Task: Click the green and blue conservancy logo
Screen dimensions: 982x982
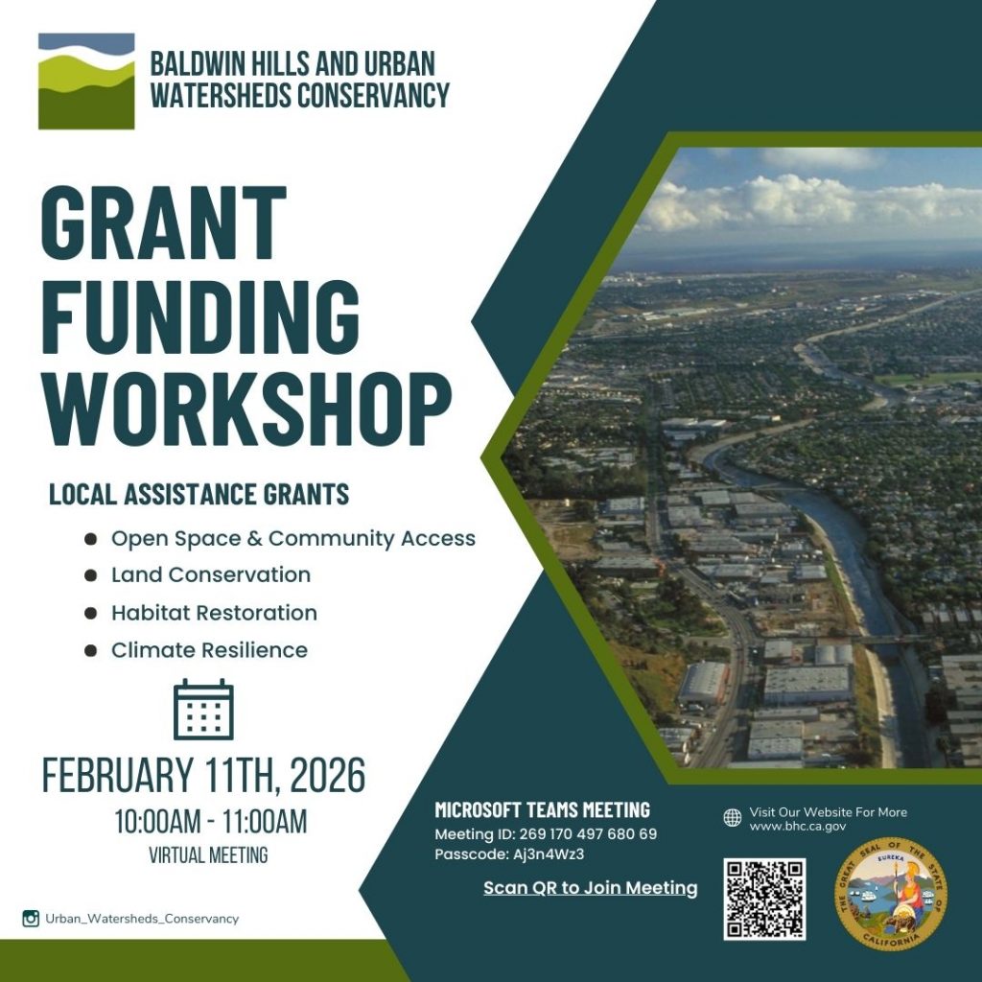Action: point(86,82)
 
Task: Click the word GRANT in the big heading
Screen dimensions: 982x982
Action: point(163,221)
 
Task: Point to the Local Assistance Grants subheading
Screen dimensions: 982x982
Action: point(199,495)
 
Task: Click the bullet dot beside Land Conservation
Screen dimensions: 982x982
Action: point(90,575)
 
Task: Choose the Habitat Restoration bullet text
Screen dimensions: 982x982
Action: point(214,613)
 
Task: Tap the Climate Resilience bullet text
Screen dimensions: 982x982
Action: point(209,650)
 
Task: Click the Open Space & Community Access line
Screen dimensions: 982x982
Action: point(292,538)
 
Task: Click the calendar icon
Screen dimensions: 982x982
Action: point(203,710)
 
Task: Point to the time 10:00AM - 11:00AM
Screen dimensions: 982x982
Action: point(210,822)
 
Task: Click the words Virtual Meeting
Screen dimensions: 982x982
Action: point(208,854)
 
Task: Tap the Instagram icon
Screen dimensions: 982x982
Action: point(31,919)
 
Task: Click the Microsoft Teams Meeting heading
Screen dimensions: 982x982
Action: point(542,810)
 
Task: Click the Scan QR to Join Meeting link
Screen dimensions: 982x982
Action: point(590,888)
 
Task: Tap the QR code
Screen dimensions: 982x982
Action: point(764,899)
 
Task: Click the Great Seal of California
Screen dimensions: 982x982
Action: point(890,894)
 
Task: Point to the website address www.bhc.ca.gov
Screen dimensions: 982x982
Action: point(798,826)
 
